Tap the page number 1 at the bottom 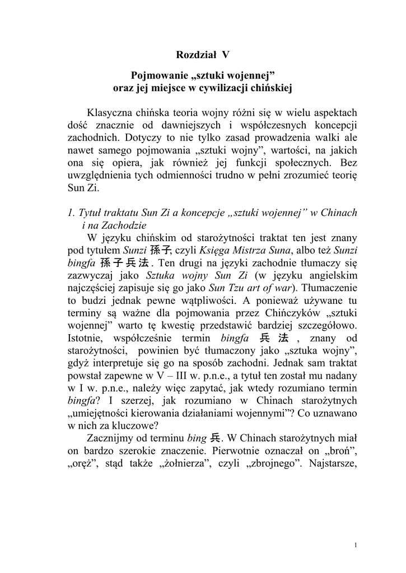click(x=356, y=545)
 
